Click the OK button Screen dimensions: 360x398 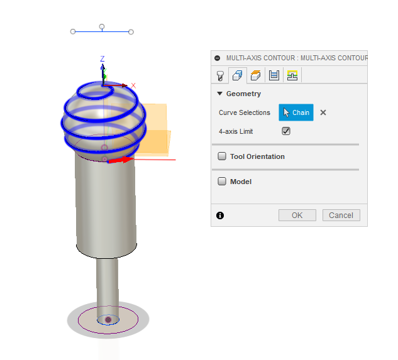pyautogui.click(x=297, y=215)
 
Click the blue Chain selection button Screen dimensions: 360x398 pyautogui.click(x=296, y=112)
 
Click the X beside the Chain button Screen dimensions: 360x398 pyautogui.click(x=323, y=112)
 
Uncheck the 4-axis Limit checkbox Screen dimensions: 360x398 pyautogui.click(x=286, y=131)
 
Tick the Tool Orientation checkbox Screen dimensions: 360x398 pyautogui.click(x=222, y=156)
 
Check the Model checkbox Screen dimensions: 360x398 pyautogui.click(x=222, y=182)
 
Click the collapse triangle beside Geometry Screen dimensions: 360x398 pyautogui.click(x=219, y=94)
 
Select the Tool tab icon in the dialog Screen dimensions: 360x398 pyautogui.click(x=220, y=75)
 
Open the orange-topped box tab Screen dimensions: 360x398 pyautogui.click(x=256, y=75)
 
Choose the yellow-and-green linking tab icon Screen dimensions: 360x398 pyautogui.click(x=292, y=75)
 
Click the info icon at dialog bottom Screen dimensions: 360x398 pyautogui.click(x=220, y=215)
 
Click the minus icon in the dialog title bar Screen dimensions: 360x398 pyautogui.click(x=218, y=58)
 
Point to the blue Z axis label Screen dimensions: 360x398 pyautogui.click(x=102, y=59)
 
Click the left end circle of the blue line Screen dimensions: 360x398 pyautogui.click(x=73, y=31)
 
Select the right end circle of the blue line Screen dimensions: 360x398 pyautogui.click(x=131, y=31)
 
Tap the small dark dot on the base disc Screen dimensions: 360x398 pyautogui.click(x=108, y=320)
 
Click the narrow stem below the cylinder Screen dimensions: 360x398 pyautogui.click(x=107, y=283)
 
